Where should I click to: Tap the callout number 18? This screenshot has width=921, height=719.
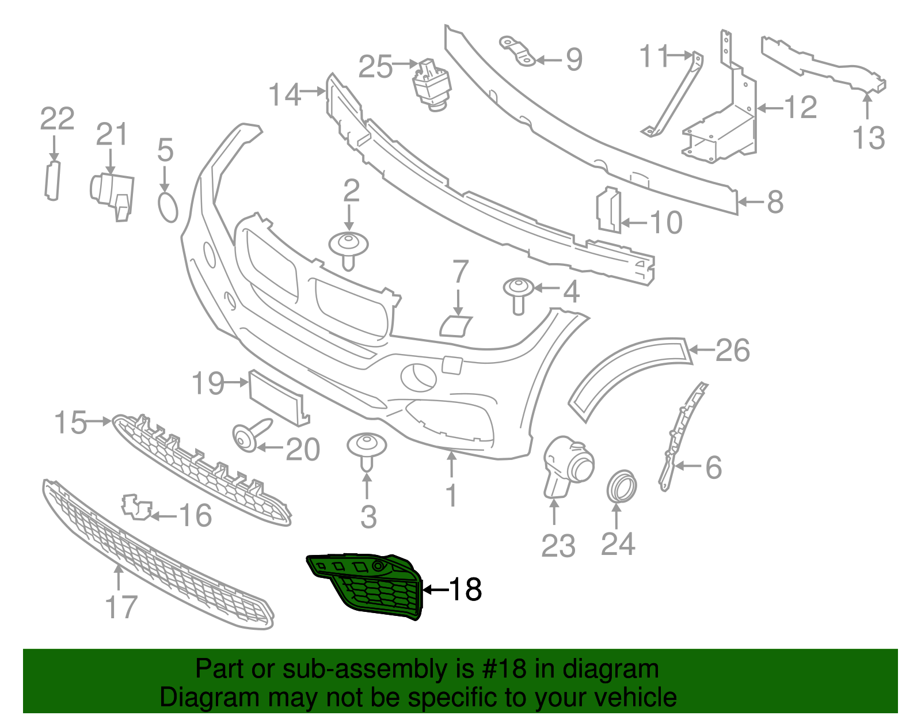tap(465, 589)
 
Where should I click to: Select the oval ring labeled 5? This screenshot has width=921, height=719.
tap(168, 207)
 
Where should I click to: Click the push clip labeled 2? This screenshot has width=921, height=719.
tap(348, 248)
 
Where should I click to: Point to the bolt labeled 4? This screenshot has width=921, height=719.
tap(517, 293)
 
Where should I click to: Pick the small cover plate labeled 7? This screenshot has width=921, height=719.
tap(455, 326)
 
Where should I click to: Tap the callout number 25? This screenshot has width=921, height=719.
tap(375, 67)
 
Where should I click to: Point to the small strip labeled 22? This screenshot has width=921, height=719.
tap(52, 181)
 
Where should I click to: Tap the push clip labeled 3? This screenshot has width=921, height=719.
tap(367, 449)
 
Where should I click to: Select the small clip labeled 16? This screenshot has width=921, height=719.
tap(137, 507)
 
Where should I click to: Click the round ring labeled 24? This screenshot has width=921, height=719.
tap(622, 485)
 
